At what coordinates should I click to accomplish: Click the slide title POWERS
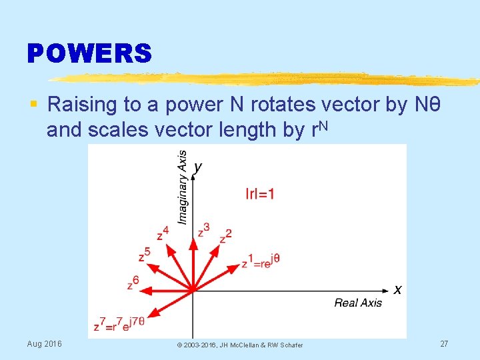(x=89, y=53)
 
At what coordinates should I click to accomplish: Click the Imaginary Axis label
(x=182, y=186)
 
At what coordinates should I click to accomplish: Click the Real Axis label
(x=358, y=303)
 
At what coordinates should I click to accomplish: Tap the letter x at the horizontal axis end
(x=397, y=289)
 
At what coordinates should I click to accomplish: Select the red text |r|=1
(x=260, y=194)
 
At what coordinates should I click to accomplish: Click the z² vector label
(x=226, y=236)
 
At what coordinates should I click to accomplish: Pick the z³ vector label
(x=203, y=230)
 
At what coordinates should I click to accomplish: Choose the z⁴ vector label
(x=163, y=233)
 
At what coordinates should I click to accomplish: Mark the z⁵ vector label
(x=144, y=255)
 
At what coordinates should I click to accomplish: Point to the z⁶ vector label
(x=133, y=283)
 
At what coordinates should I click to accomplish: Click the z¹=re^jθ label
(x=260, y=261)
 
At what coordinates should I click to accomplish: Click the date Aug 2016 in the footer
(x=44, y=343)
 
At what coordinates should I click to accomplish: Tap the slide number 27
(x=444, y=343)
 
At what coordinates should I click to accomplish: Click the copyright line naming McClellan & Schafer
(x=239, y=345)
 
